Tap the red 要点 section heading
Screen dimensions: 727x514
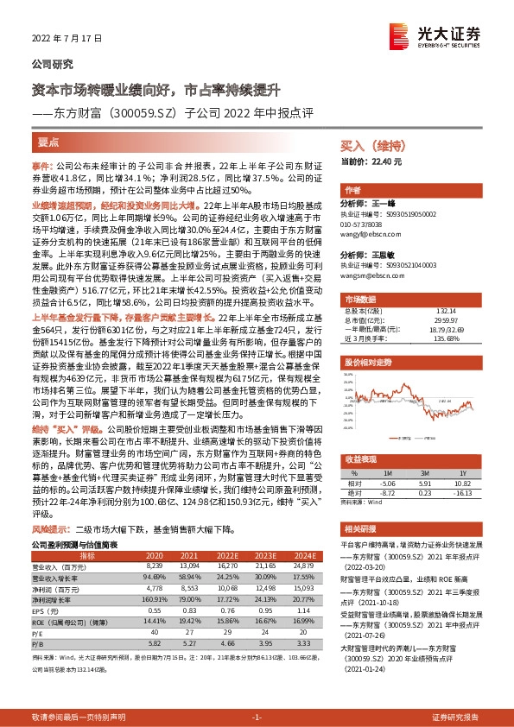[x=48, y=141]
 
